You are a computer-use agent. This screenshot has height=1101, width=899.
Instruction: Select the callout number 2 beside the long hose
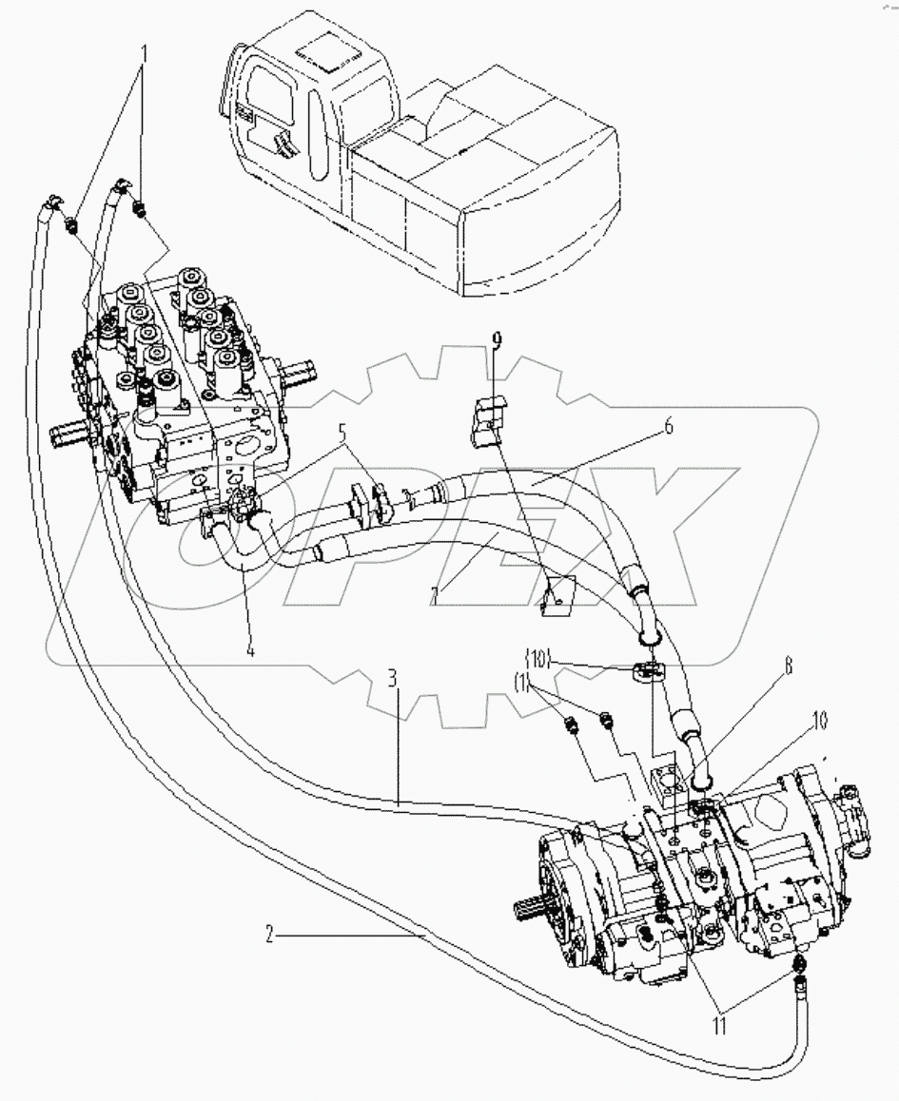[x=270, y=936]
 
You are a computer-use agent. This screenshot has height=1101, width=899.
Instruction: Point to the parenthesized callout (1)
[x=520, y=681]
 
